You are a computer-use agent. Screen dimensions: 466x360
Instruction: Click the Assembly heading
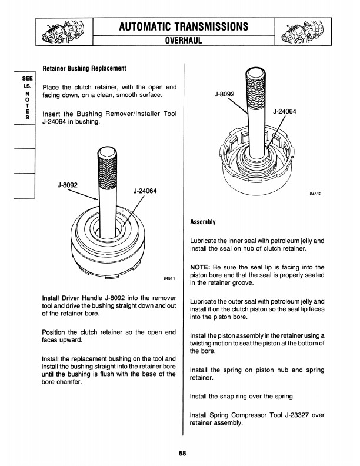pyautogui.click(x=204, y=222)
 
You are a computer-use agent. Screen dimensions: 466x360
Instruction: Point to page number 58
pyautogui.click(x=183, y=453)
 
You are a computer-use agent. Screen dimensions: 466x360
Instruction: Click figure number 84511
pyautogui.click(x=169, y=279)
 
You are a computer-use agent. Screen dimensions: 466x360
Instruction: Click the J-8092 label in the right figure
pyautogui.click(x=224, y=94)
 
